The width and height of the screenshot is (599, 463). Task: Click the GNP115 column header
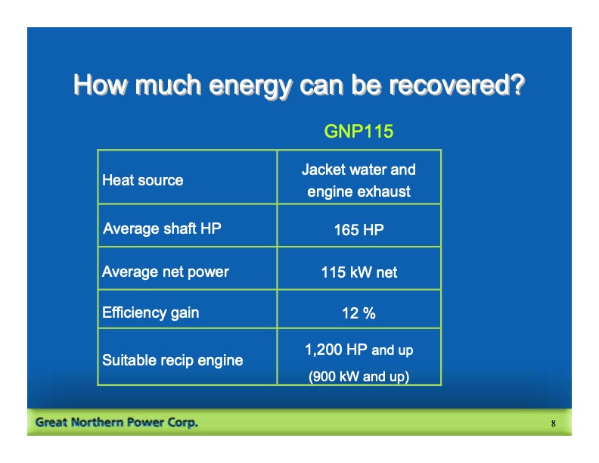pos(358,131)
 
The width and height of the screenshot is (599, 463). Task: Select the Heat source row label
pos(142,180)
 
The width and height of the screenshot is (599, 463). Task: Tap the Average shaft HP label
pos(162,228)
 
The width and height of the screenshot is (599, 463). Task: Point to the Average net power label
pos(165,272)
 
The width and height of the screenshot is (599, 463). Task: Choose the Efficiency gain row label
pos(151,312)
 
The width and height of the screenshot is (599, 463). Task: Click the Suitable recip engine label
pos(172,360)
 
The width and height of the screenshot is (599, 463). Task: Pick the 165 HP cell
pos(358,230)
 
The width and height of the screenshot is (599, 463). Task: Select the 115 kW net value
pos(358,272)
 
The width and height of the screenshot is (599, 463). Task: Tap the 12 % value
pos(358,313)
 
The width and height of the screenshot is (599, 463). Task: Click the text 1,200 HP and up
pos(358,350)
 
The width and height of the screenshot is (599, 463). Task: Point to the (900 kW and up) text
pos(358,376)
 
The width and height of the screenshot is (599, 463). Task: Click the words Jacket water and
pos(358,169)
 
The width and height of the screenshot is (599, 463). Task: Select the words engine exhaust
pos(358,191)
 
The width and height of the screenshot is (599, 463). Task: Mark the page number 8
pos(554,424)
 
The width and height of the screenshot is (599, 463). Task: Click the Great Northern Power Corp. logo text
pos(116,422)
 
